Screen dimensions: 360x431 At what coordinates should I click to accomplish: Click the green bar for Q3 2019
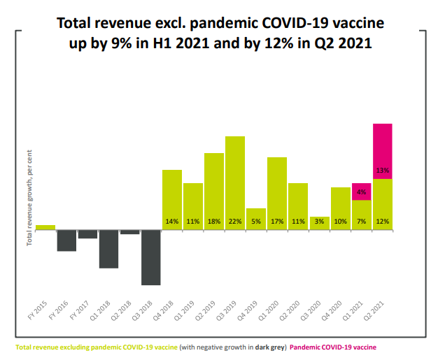(x=235, y=182)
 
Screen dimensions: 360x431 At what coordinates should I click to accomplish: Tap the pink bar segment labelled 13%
(x=383, y=150)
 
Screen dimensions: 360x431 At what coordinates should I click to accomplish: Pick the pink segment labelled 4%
(x=361, y=192)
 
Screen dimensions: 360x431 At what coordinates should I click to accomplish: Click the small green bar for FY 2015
(x=45, y=226)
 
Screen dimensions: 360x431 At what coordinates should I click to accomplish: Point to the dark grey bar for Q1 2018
(x=108, y=248)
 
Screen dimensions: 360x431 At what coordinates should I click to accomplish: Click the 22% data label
(x=235, y=222)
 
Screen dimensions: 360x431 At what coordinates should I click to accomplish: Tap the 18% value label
(x=214, y=222)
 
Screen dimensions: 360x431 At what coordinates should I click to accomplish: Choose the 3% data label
(x=319, y=222)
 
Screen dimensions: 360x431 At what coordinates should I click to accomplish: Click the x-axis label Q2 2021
(x=379, y=310)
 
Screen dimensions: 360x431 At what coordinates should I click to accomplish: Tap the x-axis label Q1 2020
(x=274, y=310)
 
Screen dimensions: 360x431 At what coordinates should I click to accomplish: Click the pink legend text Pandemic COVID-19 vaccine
(x=333, y=347)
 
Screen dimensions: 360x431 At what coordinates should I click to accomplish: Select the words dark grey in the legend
(x=268, y=347)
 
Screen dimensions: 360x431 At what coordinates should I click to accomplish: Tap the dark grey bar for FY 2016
(x=66, y=240)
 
